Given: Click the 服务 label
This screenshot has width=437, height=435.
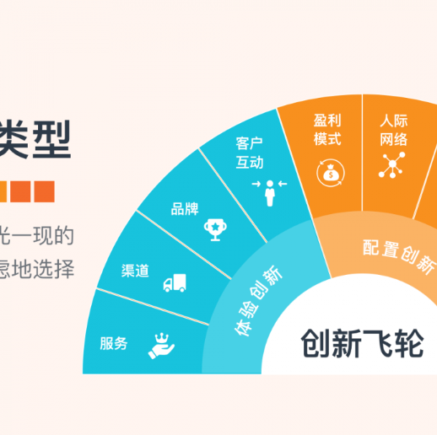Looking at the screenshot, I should [x=114, y=343].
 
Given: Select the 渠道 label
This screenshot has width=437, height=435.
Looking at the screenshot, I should [x=135, y=271].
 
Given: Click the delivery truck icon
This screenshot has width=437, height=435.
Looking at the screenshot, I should [x=175, y=284].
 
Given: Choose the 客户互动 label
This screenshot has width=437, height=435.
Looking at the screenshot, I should [x=250, y=152].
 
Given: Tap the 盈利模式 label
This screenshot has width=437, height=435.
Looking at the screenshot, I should [x=327, y=129].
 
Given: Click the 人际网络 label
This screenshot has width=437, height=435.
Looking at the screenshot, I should [x=393, y=129].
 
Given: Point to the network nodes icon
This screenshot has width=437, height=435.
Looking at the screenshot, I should [x=391, y=165].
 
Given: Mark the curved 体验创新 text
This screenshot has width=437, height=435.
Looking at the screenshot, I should [x=257, y=299].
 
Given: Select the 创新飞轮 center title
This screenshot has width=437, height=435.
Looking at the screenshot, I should [x=361, y=344].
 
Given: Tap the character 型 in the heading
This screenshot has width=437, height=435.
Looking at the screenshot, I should [x=47, y=139].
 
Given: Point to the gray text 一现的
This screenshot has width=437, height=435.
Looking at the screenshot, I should [x=40, y=234].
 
